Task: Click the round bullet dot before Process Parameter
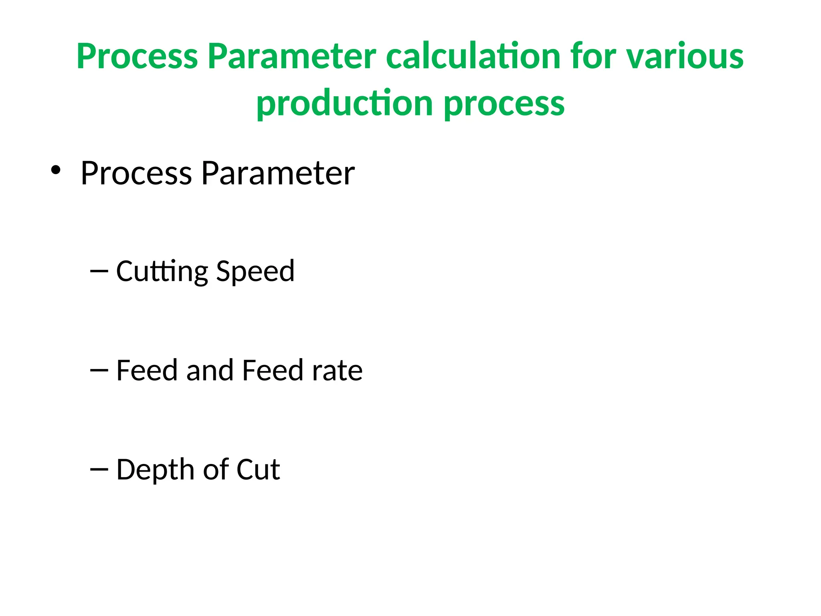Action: tap(56, 170)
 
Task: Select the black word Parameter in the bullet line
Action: tap(278, 173)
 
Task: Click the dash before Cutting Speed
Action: tap(99, 271)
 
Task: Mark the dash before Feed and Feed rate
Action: tap(99, 370)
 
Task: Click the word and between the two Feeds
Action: tap(210, 370)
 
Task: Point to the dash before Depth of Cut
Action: tap(99, 469)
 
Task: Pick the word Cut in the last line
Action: tap(258, 469)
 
